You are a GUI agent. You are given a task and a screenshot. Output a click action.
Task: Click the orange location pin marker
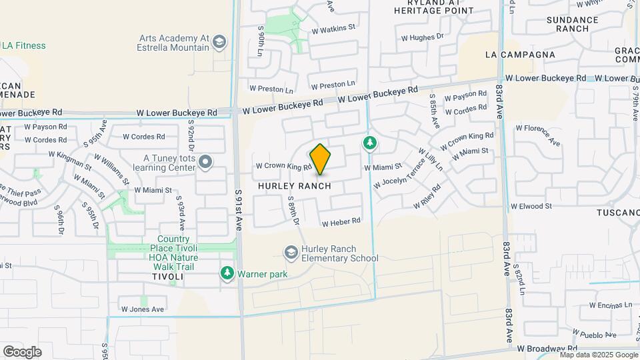[x=321, y=159]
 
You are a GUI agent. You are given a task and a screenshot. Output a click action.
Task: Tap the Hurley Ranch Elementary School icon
[x=291, y=252]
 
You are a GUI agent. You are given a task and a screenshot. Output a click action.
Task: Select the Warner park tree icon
[x=227, y=273]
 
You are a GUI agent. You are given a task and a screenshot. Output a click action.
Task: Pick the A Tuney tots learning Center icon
[x=205, y=162]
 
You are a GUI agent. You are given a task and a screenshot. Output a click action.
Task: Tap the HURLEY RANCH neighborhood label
[x=294, y=186]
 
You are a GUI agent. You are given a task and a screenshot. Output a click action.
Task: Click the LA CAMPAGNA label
[x=520, y=54]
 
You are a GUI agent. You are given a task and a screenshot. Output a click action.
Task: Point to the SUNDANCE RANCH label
[x=573, y=25]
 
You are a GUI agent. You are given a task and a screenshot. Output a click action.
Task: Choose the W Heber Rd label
[x=341, y=221]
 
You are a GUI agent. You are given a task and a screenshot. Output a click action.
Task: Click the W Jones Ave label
[x=143, y=309]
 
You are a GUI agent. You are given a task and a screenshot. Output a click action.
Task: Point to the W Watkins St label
[x=333, y=29]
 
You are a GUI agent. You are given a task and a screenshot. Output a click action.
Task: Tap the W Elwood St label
[x=531, y=206]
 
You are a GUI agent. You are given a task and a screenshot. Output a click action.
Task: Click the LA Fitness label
[x=23, y=45]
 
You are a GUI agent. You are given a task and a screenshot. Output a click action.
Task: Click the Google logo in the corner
[x=22, y=351]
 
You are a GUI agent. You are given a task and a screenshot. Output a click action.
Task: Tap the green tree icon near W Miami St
[x=369, y=143]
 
